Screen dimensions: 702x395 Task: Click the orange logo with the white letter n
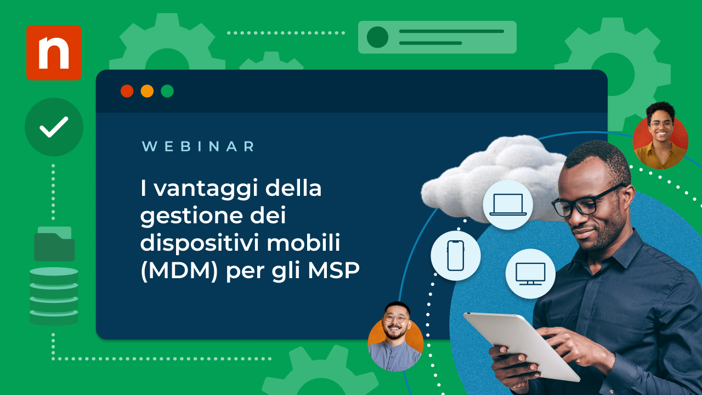(54, 53)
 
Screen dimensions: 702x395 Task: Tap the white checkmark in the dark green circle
(54, 127)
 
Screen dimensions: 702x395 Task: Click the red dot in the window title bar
(127, 91)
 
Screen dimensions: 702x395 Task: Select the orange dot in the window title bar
(147, 91)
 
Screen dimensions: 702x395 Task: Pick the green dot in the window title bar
(167, 91)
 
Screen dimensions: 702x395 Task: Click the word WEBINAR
(198, 146)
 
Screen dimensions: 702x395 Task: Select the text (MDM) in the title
(179, 271)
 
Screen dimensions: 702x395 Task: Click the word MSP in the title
(333, 270)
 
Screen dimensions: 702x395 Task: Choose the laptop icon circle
(508, 205)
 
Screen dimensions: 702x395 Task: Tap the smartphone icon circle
(456, 256)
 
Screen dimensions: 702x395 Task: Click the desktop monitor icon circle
(530, 274)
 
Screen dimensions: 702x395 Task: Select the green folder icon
(54, 244)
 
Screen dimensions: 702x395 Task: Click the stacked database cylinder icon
(54, 296)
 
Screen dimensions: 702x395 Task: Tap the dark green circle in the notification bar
(378, 37)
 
